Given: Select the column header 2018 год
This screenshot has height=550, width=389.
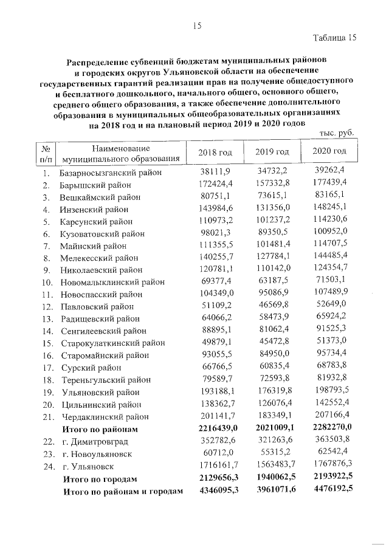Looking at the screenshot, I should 216,151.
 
